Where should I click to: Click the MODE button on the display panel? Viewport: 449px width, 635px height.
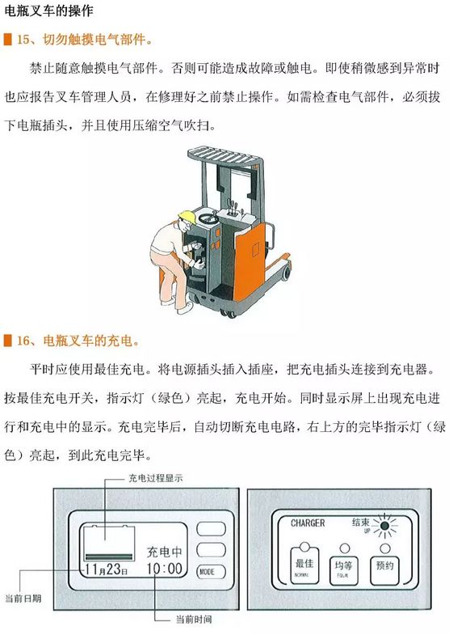tap(211, 572)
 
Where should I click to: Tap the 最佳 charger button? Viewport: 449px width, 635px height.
tap(304, 565)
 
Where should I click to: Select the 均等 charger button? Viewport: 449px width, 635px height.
tap(343, 570)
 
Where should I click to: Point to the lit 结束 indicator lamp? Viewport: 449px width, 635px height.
tap(384, 526)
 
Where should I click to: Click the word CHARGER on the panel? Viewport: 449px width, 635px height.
tap(308, 523)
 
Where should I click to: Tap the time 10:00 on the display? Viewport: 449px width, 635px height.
tap(164, 568)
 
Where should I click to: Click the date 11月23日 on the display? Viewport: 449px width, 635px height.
tap(107, 569)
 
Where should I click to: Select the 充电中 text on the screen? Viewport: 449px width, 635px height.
tap(164, 551)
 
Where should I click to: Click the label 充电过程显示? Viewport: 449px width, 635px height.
tap(156, 478)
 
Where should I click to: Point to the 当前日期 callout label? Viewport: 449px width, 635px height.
tap(23, 598)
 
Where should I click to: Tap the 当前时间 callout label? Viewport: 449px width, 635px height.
tap(194, 619)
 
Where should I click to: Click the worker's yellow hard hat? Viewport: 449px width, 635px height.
tap(187, 217)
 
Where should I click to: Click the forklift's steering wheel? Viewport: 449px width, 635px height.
tap(208, 218)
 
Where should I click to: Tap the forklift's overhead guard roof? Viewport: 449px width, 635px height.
tap(223, 156)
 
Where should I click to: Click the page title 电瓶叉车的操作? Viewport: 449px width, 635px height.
tap(48, 11)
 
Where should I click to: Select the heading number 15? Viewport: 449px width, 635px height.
tap(23, 40)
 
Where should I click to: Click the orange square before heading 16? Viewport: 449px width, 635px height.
tap(8, 341)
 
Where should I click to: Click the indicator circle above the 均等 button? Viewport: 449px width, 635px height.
tap(344, 548)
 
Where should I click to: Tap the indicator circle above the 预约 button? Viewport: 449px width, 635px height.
tap(385, 548)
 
